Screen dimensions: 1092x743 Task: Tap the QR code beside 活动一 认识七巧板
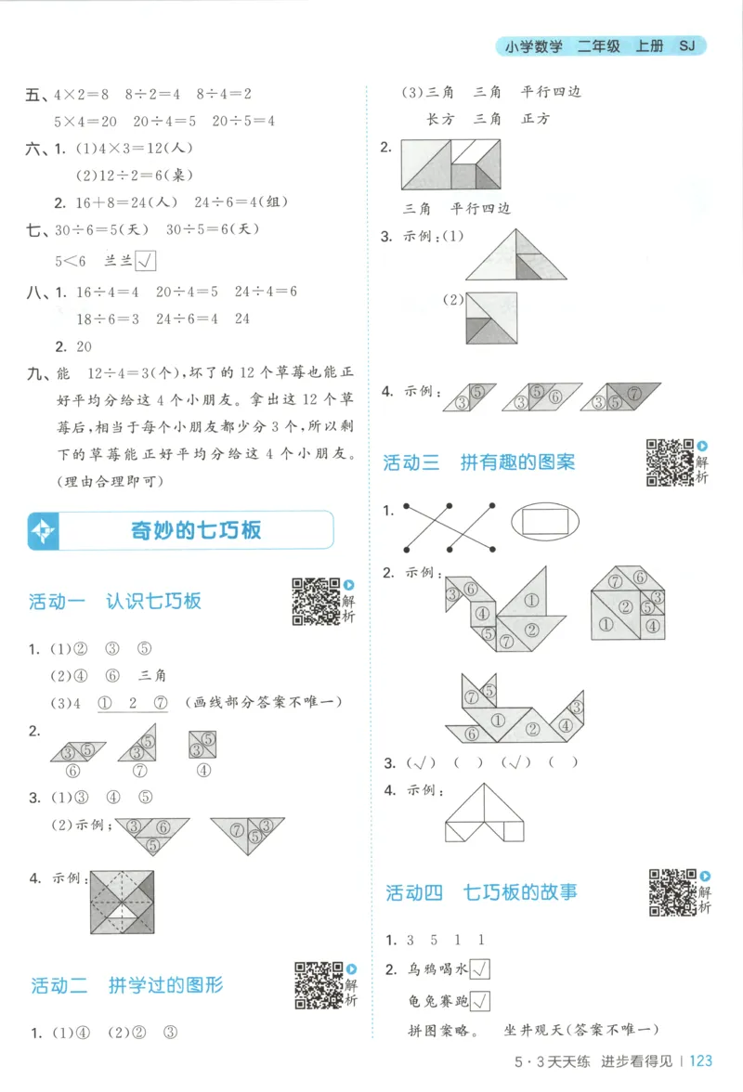[317, 600]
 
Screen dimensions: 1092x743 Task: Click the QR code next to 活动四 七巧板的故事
[672, 892]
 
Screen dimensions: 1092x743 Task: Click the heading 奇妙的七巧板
[196, 530]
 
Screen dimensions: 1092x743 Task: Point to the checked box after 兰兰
[145, 262]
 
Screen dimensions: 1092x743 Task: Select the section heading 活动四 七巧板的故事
[481, 892]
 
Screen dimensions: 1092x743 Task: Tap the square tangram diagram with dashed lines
[122, 903]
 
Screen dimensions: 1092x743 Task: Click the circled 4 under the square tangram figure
[203, 770]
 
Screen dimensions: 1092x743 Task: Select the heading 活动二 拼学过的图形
[126, 985]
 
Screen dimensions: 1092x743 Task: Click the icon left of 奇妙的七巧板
[45, 531]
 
